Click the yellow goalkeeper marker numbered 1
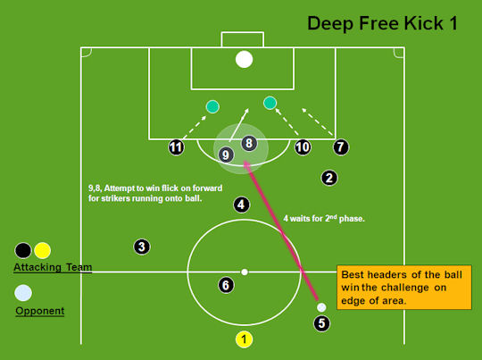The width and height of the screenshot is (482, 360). [x=244, y=339]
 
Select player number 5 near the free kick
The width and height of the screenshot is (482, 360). [x=321, y=323]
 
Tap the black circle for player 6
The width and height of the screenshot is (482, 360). [x=226, y=285]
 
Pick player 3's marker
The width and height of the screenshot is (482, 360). [x=142, y=247]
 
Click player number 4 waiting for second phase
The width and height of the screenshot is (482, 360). [x=241, y=205]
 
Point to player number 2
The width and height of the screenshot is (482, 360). [x=329, y=178]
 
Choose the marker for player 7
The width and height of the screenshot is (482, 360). [x=341, y=147]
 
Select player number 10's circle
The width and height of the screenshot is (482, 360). [x=303, y=147]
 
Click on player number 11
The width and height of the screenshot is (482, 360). [x=176, y=147]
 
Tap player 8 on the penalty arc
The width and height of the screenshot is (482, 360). [x=249, y=143]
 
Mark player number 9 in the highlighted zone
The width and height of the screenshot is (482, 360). [x=226, y=155]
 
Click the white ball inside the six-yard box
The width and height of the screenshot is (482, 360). [x=244, y=59]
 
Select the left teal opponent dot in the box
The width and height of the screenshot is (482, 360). [x=212, y=107]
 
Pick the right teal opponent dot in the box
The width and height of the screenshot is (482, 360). [x=270, y=103]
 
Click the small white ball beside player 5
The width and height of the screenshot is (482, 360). [x=321, y=307]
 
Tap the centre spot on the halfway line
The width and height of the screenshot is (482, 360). [x=245, y=272]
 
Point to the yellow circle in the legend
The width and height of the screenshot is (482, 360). [x=43, y=250]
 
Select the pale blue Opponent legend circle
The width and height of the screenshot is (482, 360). [x=23, y=293]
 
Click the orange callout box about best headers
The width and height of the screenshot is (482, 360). [x=404, y=287]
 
